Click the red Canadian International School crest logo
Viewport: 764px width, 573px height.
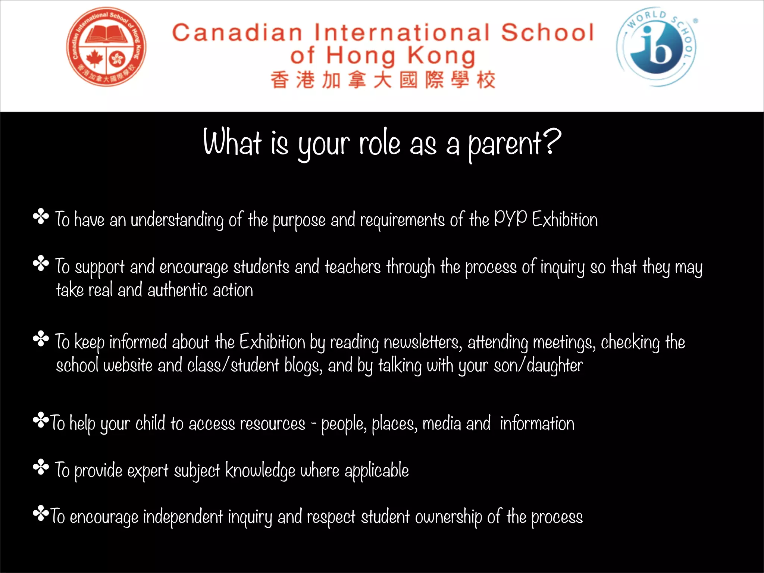click(x=106, y=47)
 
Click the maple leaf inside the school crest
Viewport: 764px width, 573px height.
click(x=94, y=58)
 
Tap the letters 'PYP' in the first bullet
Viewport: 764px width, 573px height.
click(x=510, y=218)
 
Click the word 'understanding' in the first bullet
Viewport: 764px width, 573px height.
click(x=177, y=220)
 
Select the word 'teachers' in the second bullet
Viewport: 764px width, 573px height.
click(x=353, y=267)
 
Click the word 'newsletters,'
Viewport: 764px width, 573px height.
click(x=423, y=342)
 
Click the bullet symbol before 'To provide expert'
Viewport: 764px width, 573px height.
click(x=41, y=467)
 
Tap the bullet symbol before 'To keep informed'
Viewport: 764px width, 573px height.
click(x=41, y=339)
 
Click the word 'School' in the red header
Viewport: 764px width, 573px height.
click(x=547, y=32)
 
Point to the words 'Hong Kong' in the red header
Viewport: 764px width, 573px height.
click(x=401, y=56)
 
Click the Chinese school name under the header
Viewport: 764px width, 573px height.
click(x=383, y=80)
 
